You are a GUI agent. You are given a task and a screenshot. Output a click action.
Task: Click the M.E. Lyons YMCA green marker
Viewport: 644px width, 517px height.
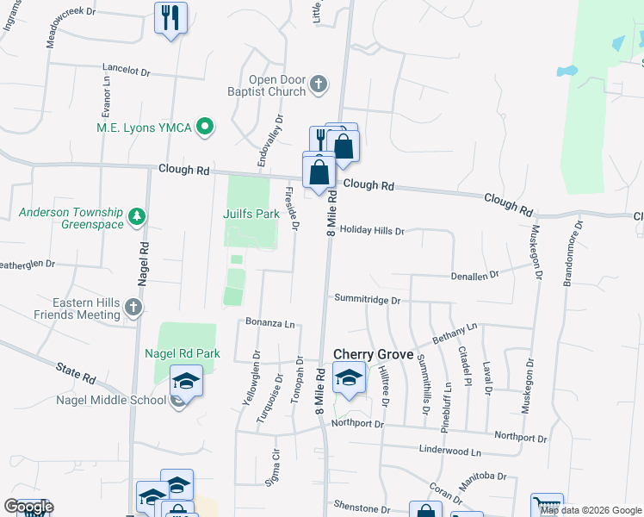205,128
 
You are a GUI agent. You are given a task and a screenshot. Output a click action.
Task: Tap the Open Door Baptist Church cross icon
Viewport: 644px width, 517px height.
319,84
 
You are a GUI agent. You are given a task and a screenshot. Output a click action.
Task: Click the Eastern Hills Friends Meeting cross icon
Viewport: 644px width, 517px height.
133,307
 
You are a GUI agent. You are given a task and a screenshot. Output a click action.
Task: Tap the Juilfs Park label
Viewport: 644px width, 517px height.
251,214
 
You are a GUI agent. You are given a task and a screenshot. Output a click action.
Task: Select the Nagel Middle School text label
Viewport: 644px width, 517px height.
111,400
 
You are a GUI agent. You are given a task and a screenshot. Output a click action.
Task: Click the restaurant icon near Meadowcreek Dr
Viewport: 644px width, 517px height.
170,17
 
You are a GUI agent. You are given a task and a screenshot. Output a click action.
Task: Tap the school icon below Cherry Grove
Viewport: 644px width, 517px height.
349,379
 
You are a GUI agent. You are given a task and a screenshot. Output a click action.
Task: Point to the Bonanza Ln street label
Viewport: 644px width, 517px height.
270,324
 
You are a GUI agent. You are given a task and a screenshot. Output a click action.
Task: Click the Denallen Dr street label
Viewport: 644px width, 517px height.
474,276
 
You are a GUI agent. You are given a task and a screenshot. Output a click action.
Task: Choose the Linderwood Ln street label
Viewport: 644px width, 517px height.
449,452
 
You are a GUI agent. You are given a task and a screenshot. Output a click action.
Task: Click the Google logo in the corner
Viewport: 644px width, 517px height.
28,507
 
